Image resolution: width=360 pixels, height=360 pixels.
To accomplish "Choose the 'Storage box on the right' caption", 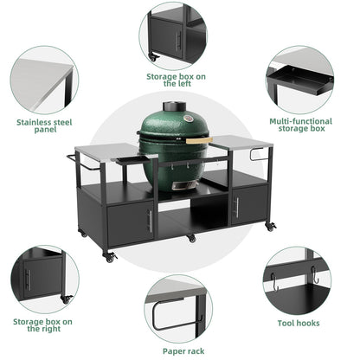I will click(x=42, y=324).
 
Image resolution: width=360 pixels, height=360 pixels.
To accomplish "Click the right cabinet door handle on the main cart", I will click(x=235, y=209).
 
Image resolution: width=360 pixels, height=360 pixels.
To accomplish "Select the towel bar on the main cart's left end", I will click(x=73, y=157).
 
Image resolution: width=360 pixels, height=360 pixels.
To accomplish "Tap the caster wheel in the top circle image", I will click(x=153, y=57).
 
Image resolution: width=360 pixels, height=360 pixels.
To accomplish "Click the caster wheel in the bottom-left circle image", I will click(x=66, y=299).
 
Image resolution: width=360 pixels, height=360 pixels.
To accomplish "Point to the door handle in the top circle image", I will click(x=179, y=39).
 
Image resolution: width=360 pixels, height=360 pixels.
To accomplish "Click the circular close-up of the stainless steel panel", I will click(x=43, y=80).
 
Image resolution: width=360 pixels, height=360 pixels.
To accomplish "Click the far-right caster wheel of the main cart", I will click(x=270, y=227).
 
